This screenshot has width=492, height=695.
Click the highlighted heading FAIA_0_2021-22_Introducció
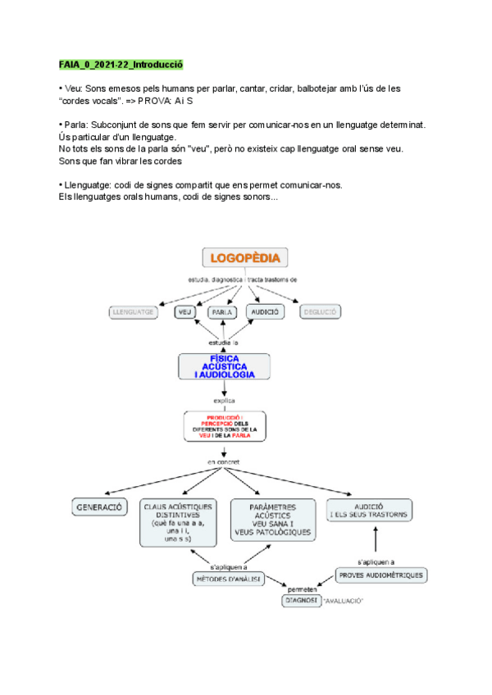(121, 64)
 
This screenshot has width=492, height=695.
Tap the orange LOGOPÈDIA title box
(244, 258)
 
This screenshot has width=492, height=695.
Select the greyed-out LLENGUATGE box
(133, 311)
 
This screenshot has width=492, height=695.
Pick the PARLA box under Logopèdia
(216, 311)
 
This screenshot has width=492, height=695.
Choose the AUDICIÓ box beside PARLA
(263, 311)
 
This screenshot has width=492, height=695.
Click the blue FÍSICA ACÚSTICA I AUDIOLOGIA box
(224, 366)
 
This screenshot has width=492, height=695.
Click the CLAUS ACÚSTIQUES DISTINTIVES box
(178, 522)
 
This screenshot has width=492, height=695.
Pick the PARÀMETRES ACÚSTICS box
(273, 520)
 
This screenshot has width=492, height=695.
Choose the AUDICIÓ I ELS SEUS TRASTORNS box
(368, 510)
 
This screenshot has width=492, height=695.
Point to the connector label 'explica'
(224, 401)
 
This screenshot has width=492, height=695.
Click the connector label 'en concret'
(224, 464)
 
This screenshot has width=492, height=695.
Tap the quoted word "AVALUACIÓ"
(344, 602)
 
